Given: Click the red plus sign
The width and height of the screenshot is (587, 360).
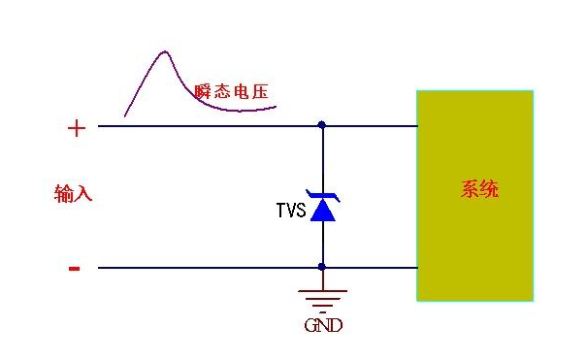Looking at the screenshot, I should pyautogui.click(x=77, y=128).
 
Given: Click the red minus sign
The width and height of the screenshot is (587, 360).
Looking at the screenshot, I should pyautogui.click(x=75, y=269).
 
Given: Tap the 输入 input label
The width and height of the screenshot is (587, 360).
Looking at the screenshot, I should pyautogui.click(x=73, y=193).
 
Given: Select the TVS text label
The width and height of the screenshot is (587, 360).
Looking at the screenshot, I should pyautogui.click(x=291, y=209).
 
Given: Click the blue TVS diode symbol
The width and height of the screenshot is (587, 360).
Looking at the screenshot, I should pyautogui.click(x=322, y=206).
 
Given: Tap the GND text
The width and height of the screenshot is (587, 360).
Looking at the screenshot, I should pyautogui.click(x=323, y=327).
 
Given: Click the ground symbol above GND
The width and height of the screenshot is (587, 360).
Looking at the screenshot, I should pyautogui.click(x=322, y=296).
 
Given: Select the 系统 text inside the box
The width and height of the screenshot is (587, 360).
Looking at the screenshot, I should pyautogui.click(x=479, y=189).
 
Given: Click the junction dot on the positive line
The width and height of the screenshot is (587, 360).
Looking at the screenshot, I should pyautogui.click(x=322, y=125).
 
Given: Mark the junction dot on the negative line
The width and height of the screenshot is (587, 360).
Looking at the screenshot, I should pyautogui.click(x=322, y=267).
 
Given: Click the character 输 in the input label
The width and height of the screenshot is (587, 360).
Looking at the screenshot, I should pyautogui.click(x=63, y=193).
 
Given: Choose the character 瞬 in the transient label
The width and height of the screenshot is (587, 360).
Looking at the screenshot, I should pyautogui.click(x=203, y=92).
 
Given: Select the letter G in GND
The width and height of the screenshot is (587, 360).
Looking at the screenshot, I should pyautogui.click(x=310, y=327).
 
